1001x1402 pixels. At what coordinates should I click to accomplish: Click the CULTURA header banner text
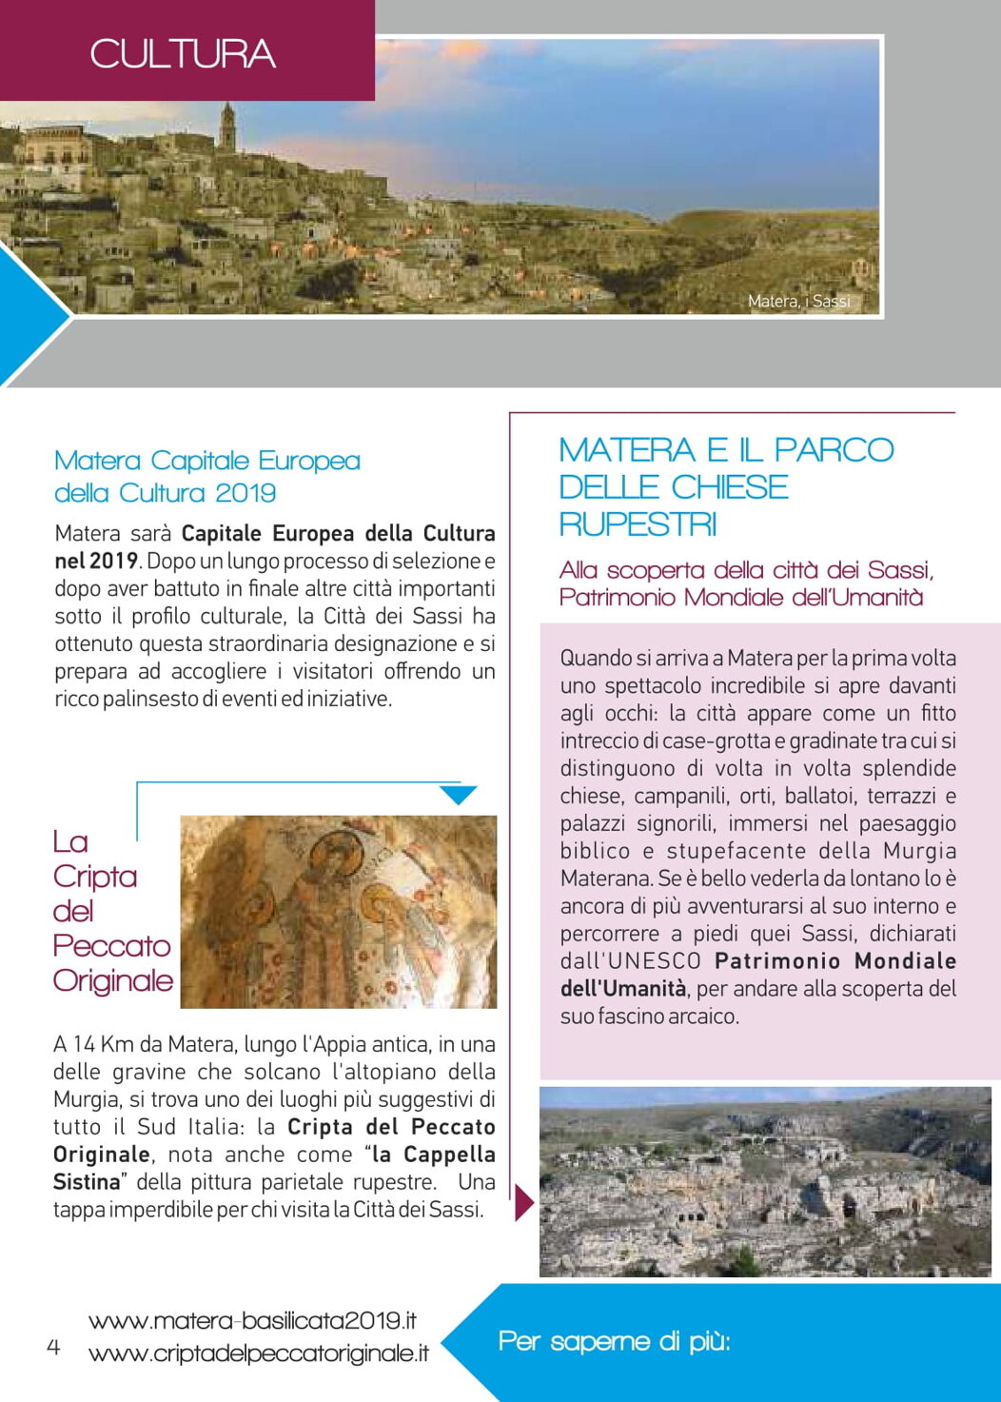pos(183,54)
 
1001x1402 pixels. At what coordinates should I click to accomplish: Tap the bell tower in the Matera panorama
pos(227,128)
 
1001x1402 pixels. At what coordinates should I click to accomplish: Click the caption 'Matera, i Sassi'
pos(798,301)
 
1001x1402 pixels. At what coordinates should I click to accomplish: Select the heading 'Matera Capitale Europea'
pos(207,461)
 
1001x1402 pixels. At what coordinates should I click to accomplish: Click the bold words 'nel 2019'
pos(96,561)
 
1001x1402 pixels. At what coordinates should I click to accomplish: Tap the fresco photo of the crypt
pos(339,912)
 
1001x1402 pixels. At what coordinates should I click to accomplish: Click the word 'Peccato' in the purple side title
pos(111,945)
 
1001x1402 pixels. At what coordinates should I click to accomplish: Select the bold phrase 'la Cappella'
pos(434,1155)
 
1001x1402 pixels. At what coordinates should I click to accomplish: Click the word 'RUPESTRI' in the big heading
pos(638,523)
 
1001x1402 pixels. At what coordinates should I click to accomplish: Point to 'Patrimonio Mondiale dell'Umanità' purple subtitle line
pos(741,597)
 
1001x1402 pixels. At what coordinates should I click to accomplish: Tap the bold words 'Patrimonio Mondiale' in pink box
pos(834,960)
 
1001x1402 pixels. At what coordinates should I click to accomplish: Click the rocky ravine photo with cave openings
pos(765,1181)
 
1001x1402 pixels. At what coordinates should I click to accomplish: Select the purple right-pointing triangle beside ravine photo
pos(523,1202)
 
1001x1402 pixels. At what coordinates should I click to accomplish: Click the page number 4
pos(53,1347)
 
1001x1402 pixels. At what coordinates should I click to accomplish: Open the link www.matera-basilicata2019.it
pos(252,1320)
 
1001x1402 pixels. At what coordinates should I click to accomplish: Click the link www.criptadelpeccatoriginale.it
pos(258,1353)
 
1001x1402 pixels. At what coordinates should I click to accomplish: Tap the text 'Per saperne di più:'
pos(614,1341)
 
